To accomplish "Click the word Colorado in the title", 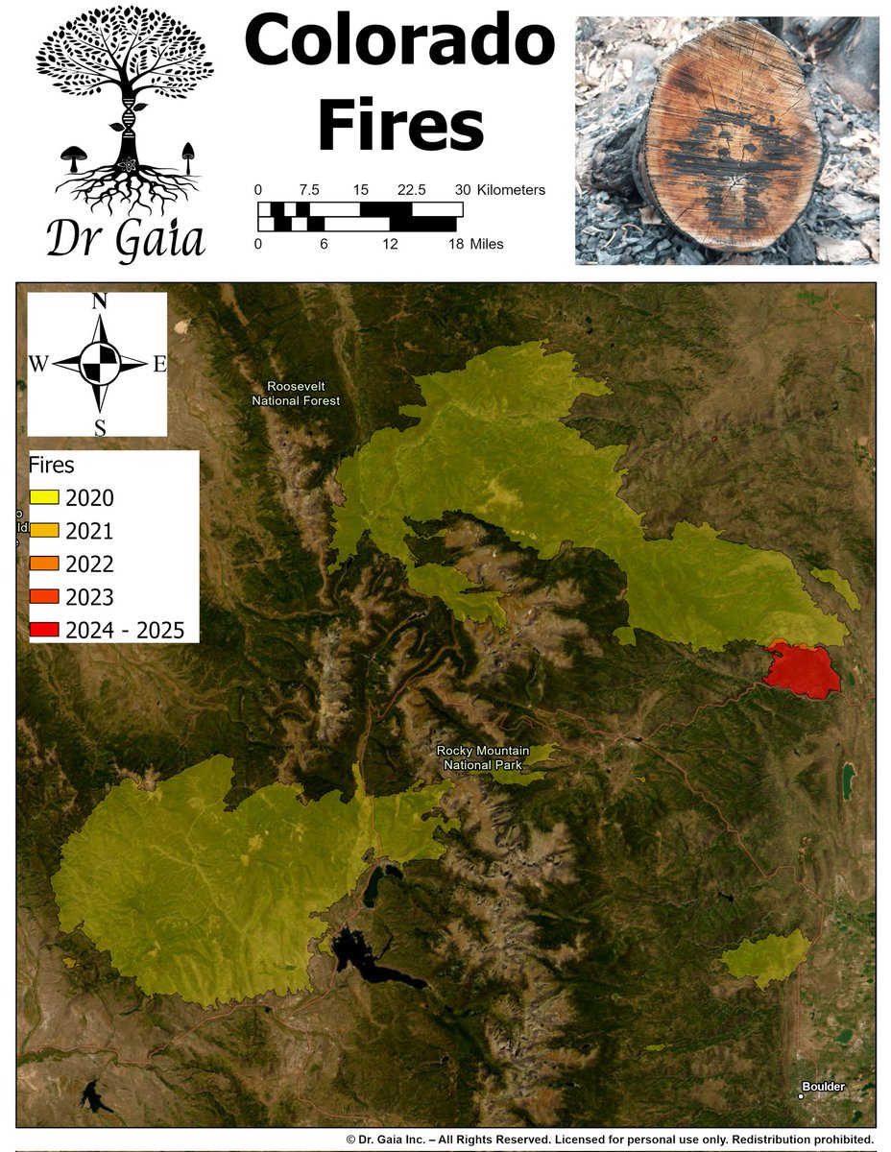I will pos(399,42).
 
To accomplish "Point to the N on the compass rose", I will pos(99,301).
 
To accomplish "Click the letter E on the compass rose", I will pos(159,364).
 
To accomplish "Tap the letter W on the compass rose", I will pos(39,364).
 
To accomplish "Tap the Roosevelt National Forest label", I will pos(296,394).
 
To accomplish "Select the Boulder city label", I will pos(823,1087).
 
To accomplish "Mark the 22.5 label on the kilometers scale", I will pos(412,190).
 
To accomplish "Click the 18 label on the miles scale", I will pos(456,244).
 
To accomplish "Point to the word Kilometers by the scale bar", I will pos(511,190).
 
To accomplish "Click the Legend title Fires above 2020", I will pos(52,467).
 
